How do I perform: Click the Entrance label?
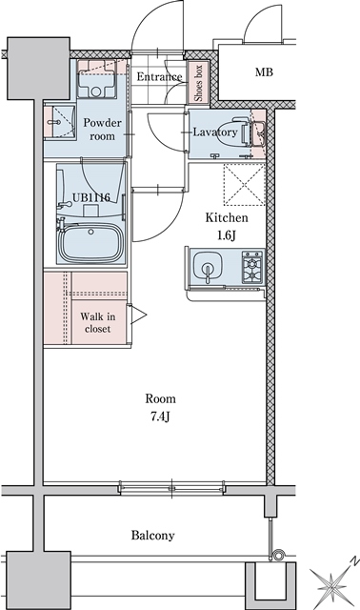[159, 76]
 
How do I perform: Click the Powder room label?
[101, 130]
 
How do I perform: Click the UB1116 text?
[91, 197]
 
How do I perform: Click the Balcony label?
[152, 536]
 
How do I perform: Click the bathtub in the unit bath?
[92, 244]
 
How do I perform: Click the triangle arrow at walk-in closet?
[138, 313]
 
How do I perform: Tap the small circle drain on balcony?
[278, 555]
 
